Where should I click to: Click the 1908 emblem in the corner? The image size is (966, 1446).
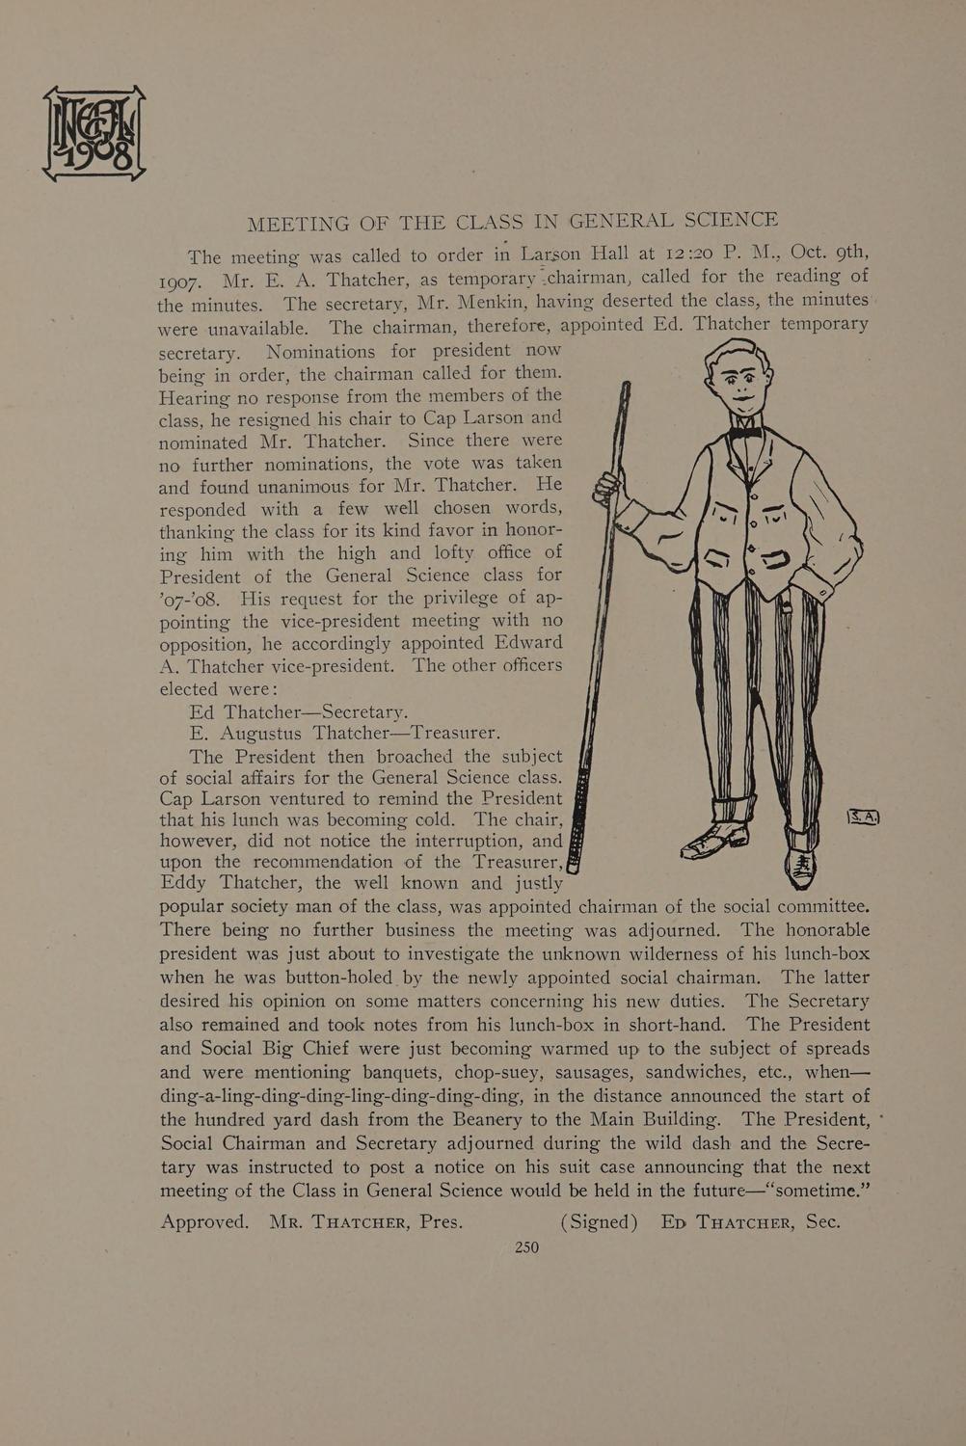tap(94, 132)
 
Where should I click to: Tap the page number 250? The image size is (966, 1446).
tap(526, 1246)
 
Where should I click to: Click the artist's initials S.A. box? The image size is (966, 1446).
tap(864, 817)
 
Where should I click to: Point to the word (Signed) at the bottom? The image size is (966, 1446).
tap(599, 1221)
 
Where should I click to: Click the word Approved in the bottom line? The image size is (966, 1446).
tap(203, 1221)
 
